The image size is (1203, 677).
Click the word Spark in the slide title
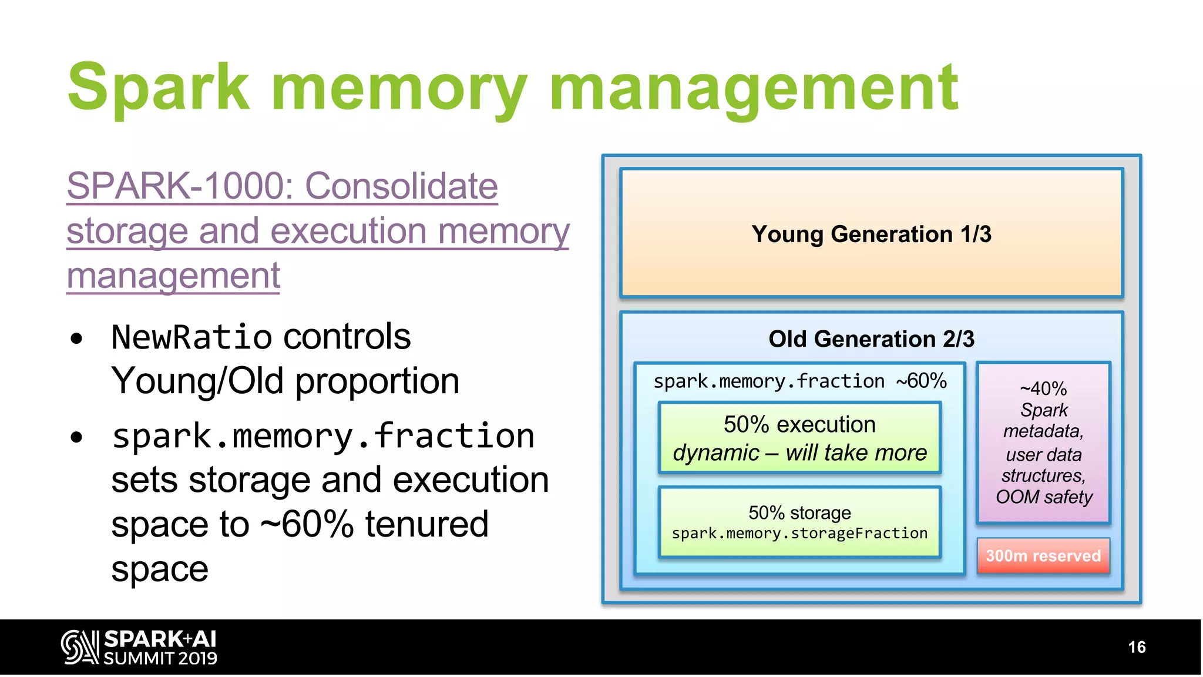(x=159, y=88)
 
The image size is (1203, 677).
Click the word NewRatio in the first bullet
(x=191, y=337)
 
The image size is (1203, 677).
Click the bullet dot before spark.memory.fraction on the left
(x=76, y=437)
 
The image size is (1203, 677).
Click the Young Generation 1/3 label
(x=871, y=234)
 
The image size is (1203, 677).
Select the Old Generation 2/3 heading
(x=871, y=339)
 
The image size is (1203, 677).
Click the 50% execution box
(x=799, y=437)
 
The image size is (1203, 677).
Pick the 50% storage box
(x=799, y=522)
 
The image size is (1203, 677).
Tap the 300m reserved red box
(x=1043, y=555)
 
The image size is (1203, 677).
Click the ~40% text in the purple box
(x=1043, y=388)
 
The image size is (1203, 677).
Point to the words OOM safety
(x=1044, y=497)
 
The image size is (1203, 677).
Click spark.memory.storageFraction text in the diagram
(x=799, y=534)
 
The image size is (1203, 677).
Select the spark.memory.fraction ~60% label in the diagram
(x=799, y=381)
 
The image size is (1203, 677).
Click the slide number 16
(x=1137, y=647)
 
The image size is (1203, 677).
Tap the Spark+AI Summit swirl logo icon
(x=79, y=647)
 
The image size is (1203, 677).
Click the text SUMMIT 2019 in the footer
(x=160, y=658)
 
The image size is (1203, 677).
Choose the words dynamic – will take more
(x=799, y=453)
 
